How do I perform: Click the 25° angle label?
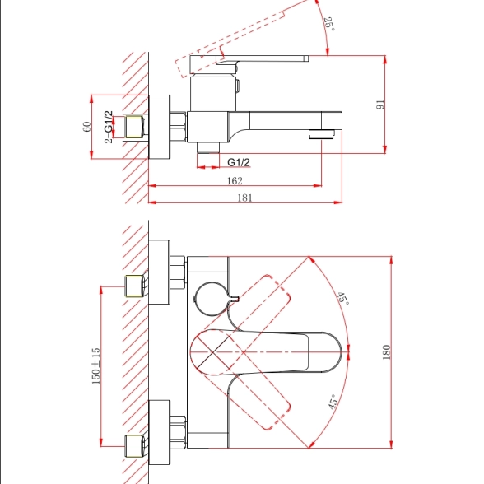(329, 24)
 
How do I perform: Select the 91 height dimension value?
(380, 105)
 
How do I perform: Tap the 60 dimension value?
(87, 127)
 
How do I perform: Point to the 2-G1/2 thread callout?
(109, 127)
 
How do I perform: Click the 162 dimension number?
(235, 180)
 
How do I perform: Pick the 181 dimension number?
(244, 198)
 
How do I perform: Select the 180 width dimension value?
(386, 352)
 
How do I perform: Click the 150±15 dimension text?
(95, 366)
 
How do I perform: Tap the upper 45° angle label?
(342, 299)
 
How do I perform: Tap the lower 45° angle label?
(333, 402)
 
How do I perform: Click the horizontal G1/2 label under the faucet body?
(239, 162)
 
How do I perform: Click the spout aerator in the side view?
(322, 134)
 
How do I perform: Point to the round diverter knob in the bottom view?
(212, 299)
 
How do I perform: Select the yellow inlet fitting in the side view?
(133, 126)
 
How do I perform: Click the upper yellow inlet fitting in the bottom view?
(134, 286)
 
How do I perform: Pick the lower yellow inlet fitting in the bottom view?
(134, 446)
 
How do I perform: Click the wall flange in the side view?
(160, 127)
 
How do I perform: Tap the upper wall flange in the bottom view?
(160, 272)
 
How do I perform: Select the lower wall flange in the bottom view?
(160, 432)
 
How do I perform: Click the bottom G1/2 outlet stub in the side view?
(208, 147)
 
